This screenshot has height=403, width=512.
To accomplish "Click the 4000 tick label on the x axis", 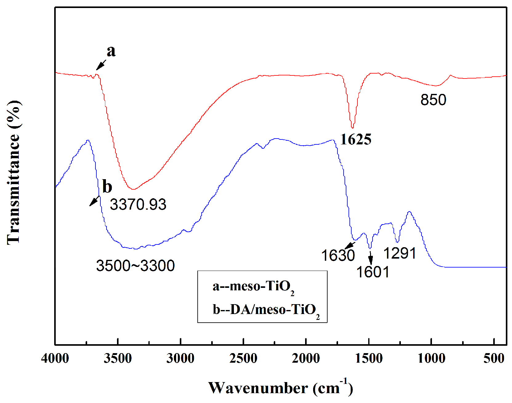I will (55, 358).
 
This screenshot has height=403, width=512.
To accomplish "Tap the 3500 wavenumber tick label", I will (118, 358).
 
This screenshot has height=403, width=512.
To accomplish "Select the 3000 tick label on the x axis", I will (180, 358).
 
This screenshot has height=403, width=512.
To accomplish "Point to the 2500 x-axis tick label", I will (243, 358).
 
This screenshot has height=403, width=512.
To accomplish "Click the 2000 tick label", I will (306, 358).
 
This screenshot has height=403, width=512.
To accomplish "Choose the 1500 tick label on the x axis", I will (369, 358).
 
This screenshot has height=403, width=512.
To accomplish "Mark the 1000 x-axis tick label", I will (431, 358).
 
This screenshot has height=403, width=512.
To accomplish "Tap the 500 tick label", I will (494, 358).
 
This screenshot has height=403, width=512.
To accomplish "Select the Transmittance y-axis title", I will (14, 172).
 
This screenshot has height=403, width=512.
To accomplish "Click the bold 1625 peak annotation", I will (356, 139).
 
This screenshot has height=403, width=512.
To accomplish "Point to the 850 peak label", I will (433, 100).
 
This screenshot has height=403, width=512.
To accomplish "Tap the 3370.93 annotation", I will (138, 204).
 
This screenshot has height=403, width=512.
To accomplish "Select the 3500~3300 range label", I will (135, 266).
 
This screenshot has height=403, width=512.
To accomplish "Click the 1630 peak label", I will (338, 256).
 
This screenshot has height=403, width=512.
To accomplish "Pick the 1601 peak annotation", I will (373, 272).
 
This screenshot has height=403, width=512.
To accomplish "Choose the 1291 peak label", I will (400, 253).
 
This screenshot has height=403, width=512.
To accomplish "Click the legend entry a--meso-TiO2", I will (253, 287).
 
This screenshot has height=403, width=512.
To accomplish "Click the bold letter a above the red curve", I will (111, 51).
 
